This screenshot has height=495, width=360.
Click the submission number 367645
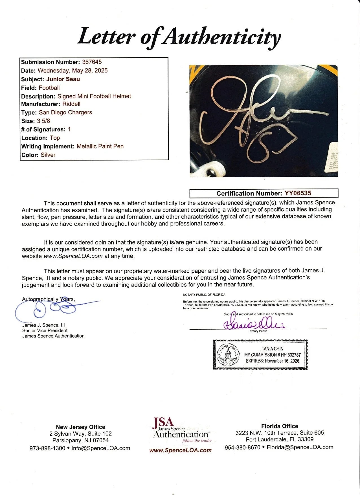pos(92,62)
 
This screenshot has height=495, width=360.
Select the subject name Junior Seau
pos(63,79)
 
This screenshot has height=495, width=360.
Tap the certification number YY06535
pos(298,193)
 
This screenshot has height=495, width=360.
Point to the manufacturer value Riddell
pos(71,104)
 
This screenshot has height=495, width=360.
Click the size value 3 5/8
pos(43,121)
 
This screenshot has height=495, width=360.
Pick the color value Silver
pos(48,155)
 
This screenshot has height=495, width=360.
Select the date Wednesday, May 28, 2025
pos(73,71)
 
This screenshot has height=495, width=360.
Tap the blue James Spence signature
pos(56,309)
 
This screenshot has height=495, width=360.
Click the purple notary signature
pos(254,324)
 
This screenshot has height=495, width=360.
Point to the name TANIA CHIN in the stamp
pos(272,349)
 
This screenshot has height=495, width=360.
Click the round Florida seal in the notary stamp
pos(228,354)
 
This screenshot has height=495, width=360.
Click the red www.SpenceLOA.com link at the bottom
pos(180,450)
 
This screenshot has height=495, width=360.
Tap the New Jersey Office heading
pos(80,427)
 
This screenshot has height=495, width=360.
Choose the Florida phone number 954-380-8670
pos(242,447)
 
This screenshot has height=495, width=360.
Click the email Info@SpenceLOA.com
pos(101,448)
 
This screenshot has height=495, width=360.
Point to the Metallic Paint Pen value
pos(100,146)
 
